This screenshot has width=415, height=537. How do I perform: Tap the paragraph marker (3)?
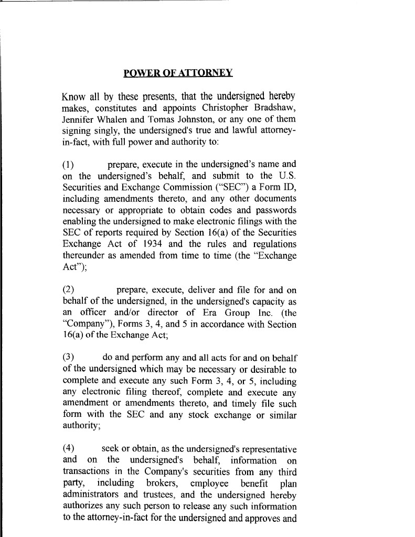click(x=69, y=358)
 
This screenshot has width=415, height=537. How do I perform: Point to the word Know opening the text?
click(x=73, y=97)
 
